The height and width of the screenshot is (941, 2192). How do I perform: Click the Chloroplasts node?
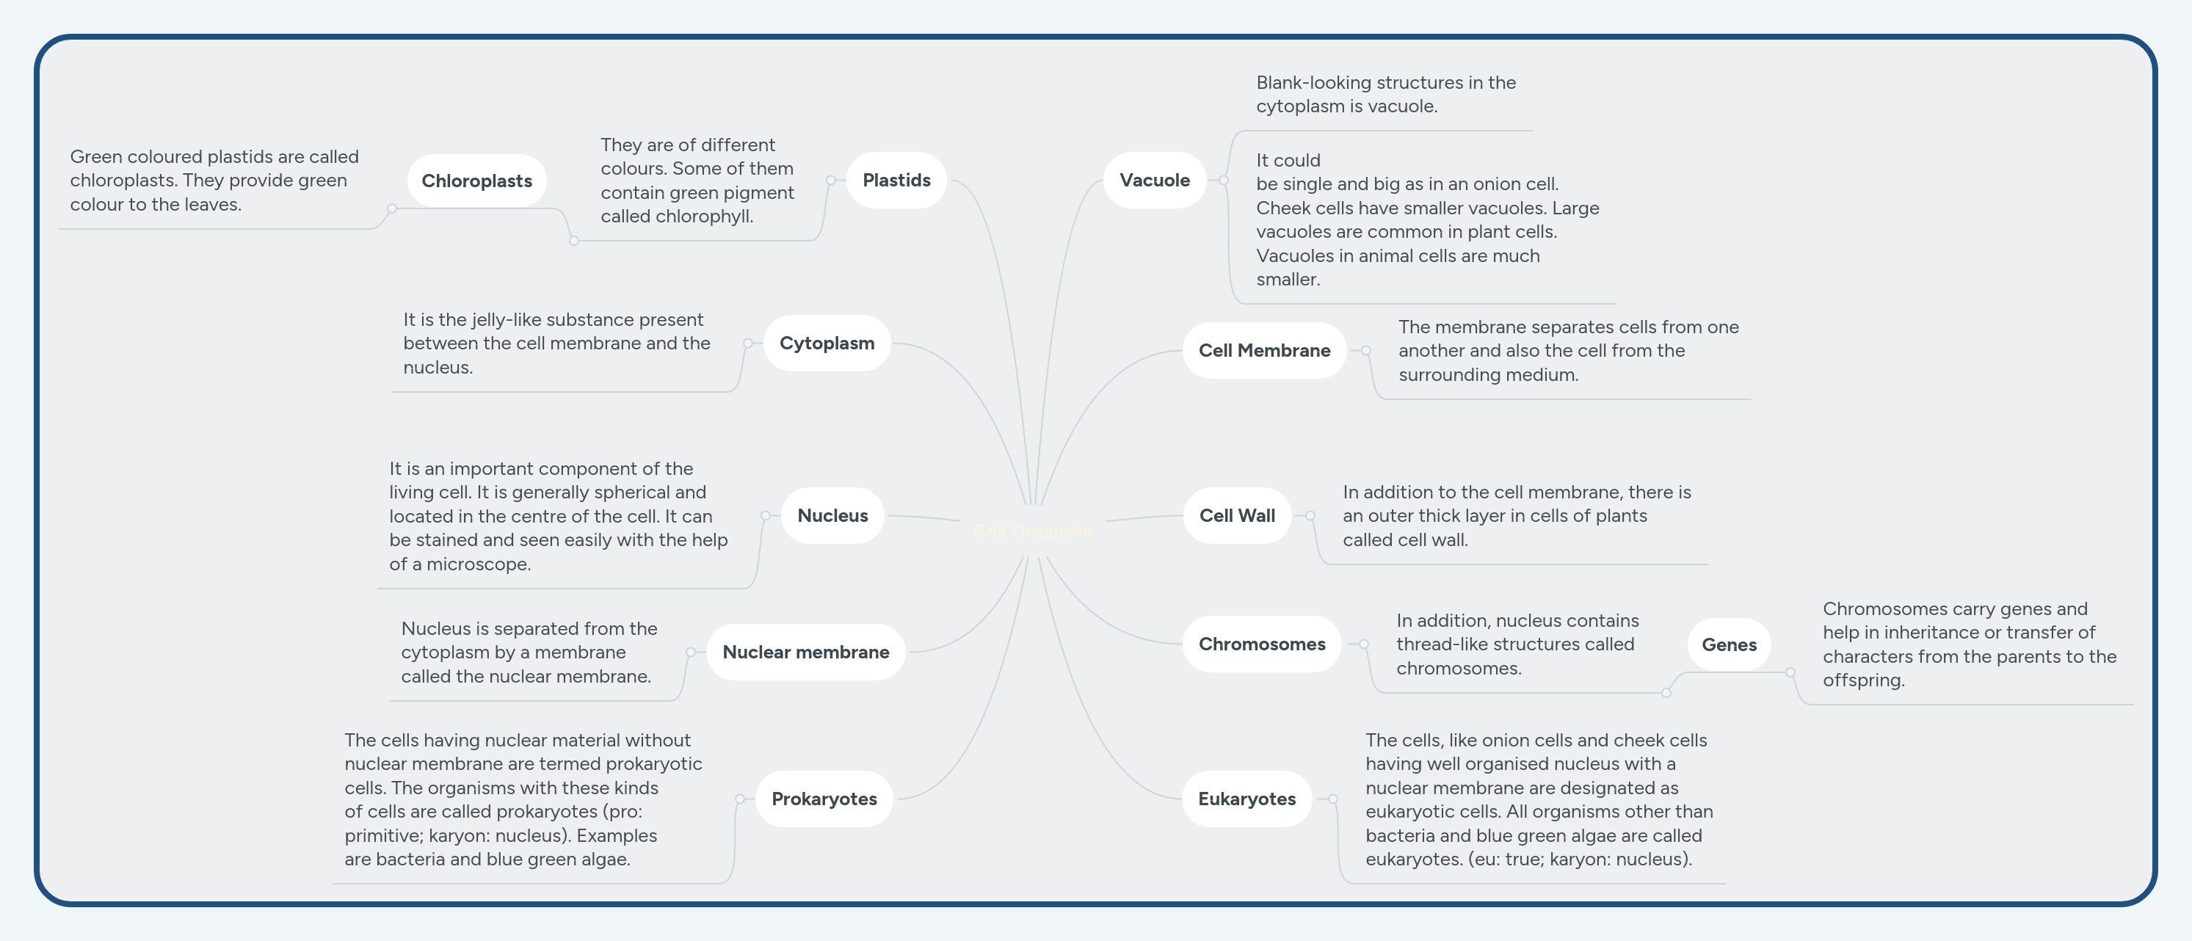tap(476, 181)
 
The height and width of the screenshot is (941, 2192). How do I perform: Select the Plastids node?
tap(896, 180)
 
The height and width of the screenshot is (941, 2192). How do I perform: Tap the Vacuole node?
tap(1154, 180)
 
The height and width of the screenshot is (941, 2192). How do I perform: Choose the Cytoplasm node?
tap(827, 343)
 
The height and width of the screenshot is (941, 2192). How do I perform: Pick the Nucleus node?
tap(832, 515)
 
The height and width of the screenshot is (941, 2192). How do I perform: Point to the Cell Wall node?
tap(1236, 515)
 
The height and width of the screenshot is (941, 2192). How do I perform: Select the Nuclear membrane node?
tap(805, 652)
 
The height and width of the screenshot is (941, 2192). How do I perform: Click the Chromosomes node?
tap(1261, 643)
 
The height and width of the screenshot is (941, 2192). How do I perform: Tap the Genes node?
tap(1728, 644)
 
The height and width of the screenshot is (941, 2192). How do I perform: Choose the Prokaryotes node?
tap(824, 798)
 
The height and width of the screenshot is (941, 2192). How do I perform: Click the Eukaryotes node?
tap(1246, 798)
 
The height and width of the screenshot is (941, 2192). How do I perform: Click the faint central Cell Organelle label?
tap(1033, 531)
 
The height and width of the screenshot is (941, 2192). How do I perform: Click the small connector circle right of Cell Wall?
tap(1310, 515)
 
